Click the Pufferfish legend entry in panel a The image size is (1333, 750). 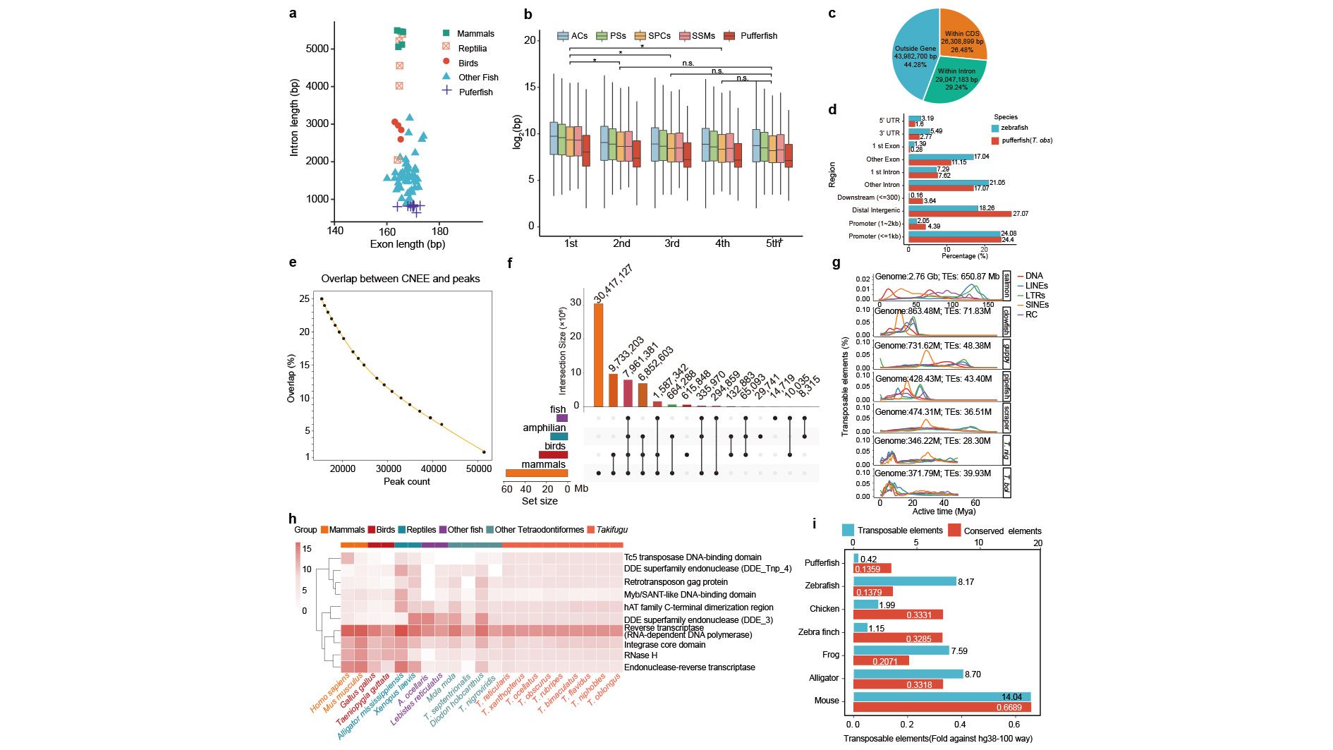point(475,92)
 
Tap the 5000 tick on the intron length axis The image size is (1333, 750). point(317,49)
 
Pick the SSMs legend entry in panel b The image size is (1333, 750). point(702,36)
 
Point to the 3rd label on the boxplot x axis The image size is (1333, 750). point(671,243)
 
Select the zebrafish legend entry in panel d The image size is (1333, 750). point(1014,128)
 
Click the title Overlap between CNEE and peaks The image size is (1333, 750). point(401,279)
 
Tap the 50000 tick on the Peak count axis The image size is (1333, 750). point(478,468)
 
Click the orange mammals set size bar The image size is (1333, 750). point(536,473)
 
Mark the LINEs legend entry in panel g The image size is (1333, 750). point(1036,286)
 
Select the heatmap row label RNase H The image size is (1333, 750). point(640,655)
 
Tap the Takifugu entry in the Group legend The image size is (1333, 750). point(611,530)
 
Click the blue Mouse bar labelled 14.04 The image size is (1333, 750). point(942,696)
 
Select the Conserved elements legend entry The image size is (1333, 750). point(1002,531)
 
